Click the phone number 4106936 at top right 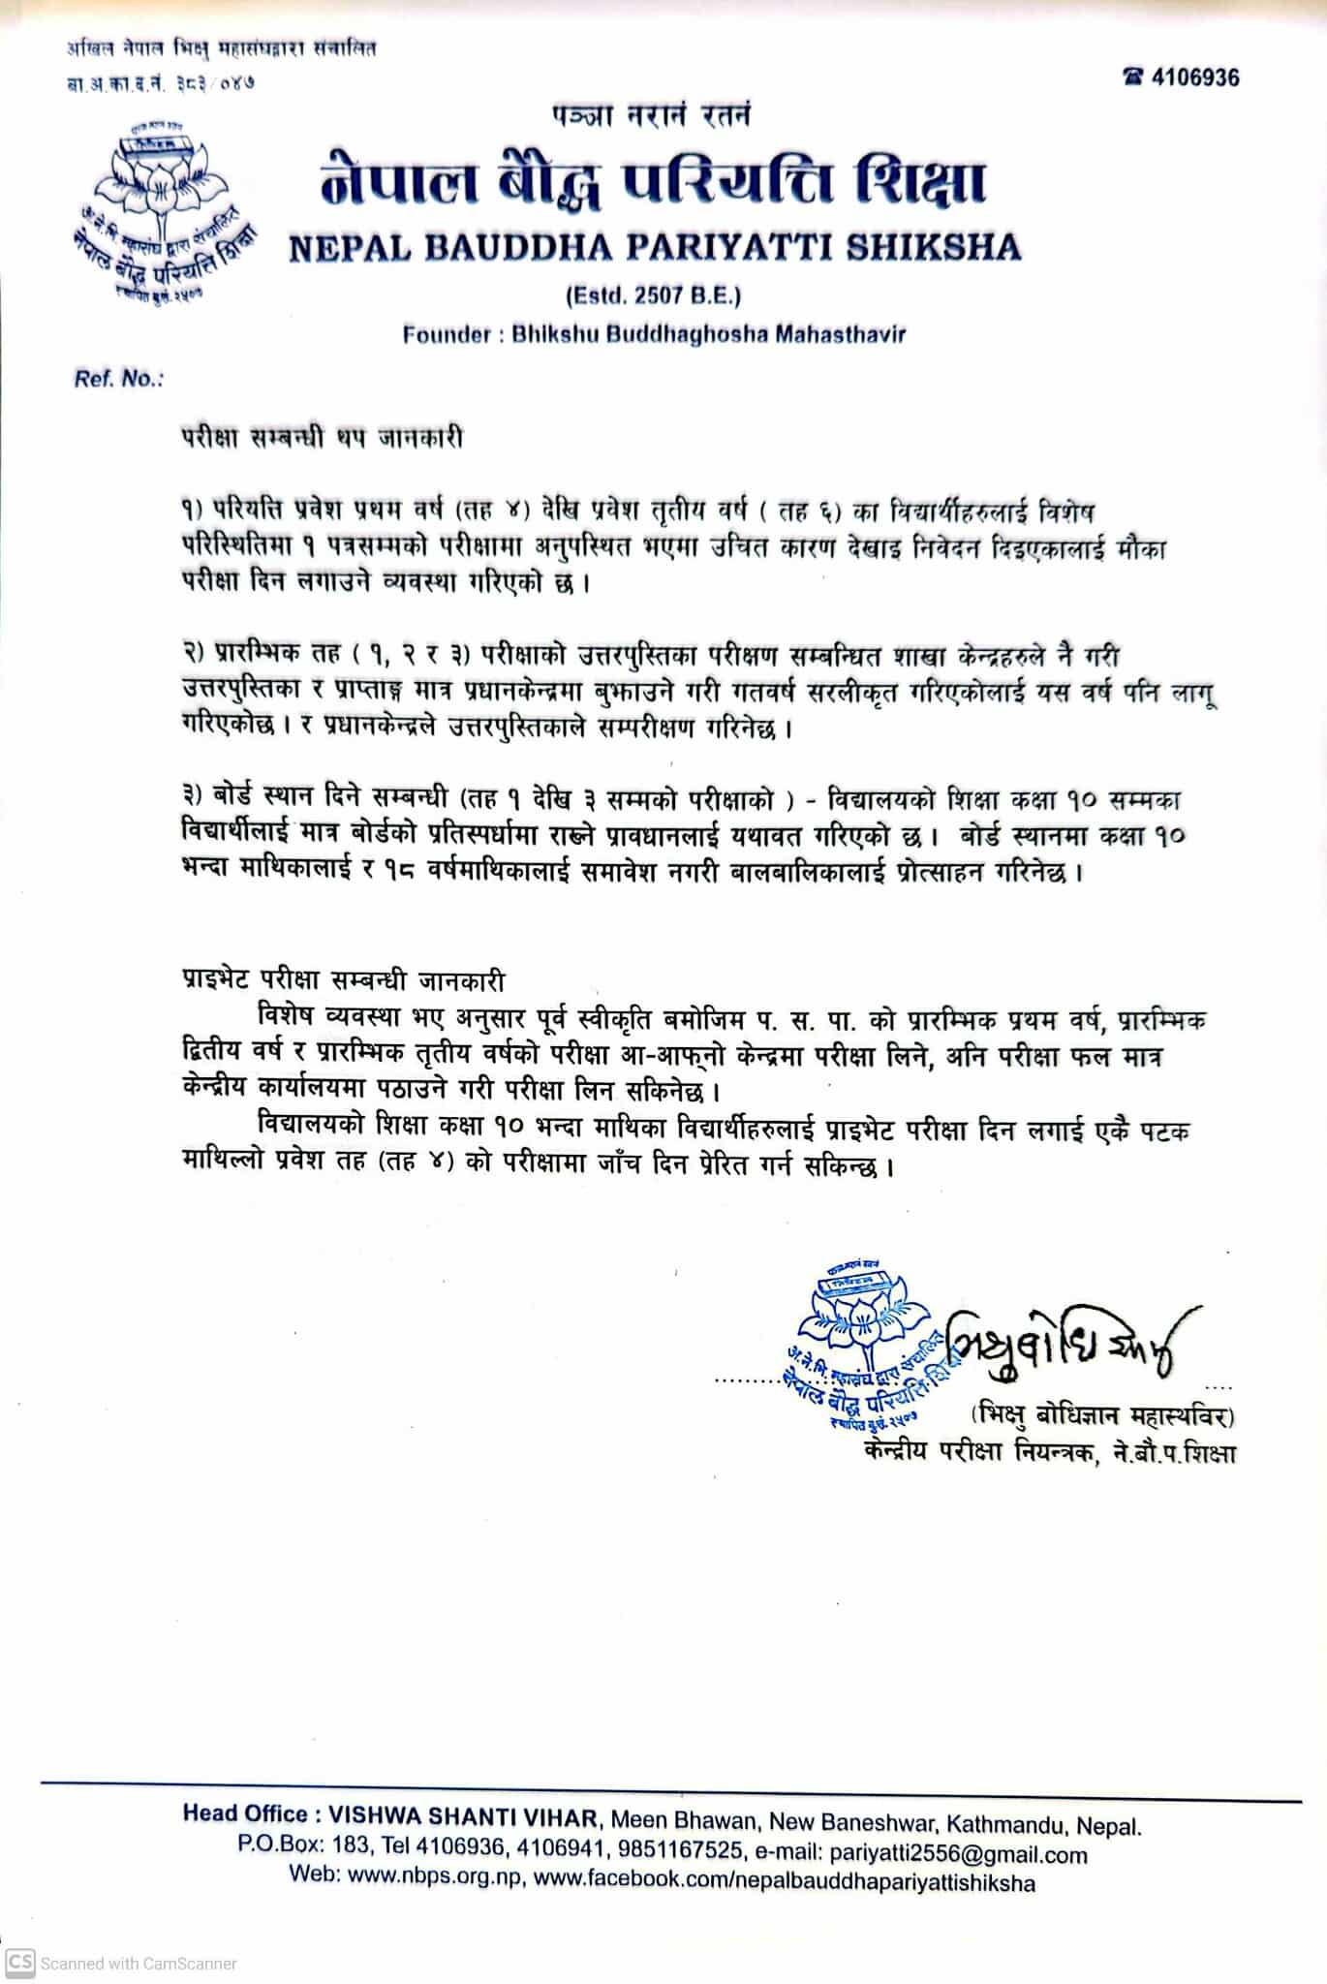click(x=1195, y=77)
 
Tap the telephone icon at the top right click(x=1133, y=77)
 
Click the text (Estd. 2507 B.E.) click(x=654, y=294)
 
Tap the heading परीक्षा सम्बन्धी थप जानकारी click(x=322, y=438)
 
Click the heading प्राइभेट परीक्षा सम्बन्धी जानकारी click(x=343, y=979)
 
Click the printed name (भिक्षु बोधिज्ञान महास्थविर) click(x=1102, y=1416)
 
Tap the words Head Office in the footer click(x=246, y=1814)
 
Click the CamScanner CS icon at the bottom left click(x=20, y=1963)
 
